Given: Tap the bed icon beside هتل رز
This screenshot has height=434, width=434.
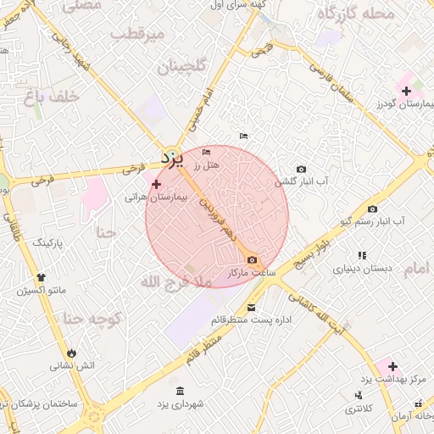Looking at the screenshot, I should (x=207, y=152).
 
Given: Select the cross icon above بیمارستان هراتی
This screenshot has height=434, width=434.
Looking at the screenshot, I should (x=156, y=184).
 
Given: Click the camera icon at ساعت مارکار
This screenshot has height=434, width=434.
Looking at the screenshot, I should (x=251, y=260).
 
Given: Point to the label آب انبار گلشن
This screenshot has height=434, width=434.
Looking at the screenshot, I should (x=301, y=181).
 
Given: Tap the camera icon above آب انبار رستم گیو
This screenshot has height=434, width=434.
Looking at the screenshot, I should (x=372, y=209).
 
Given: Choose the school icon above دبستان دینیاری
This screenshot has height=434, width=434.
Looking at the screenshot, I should (x=362, y=255).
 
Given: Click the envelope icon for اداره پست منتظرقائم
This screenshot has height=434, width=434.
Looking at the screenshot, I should (x=251, y=307).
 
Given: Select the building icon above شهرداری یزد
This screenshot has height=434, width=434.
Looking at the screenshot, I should (x=179, y=391).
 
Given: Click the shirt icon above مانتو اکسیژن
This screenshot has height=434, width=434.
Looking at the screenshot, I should (x=41, y=276).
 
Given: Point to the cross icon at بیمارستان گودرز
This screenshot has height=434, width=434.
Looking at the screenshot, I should (x=407, y=91).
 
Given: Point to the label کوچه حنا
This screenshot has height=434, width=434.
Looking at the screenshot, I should (x=94, y=320).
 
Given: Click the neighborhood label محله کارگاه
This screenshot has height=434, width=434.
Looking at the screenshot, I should (x=355, y=13).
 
